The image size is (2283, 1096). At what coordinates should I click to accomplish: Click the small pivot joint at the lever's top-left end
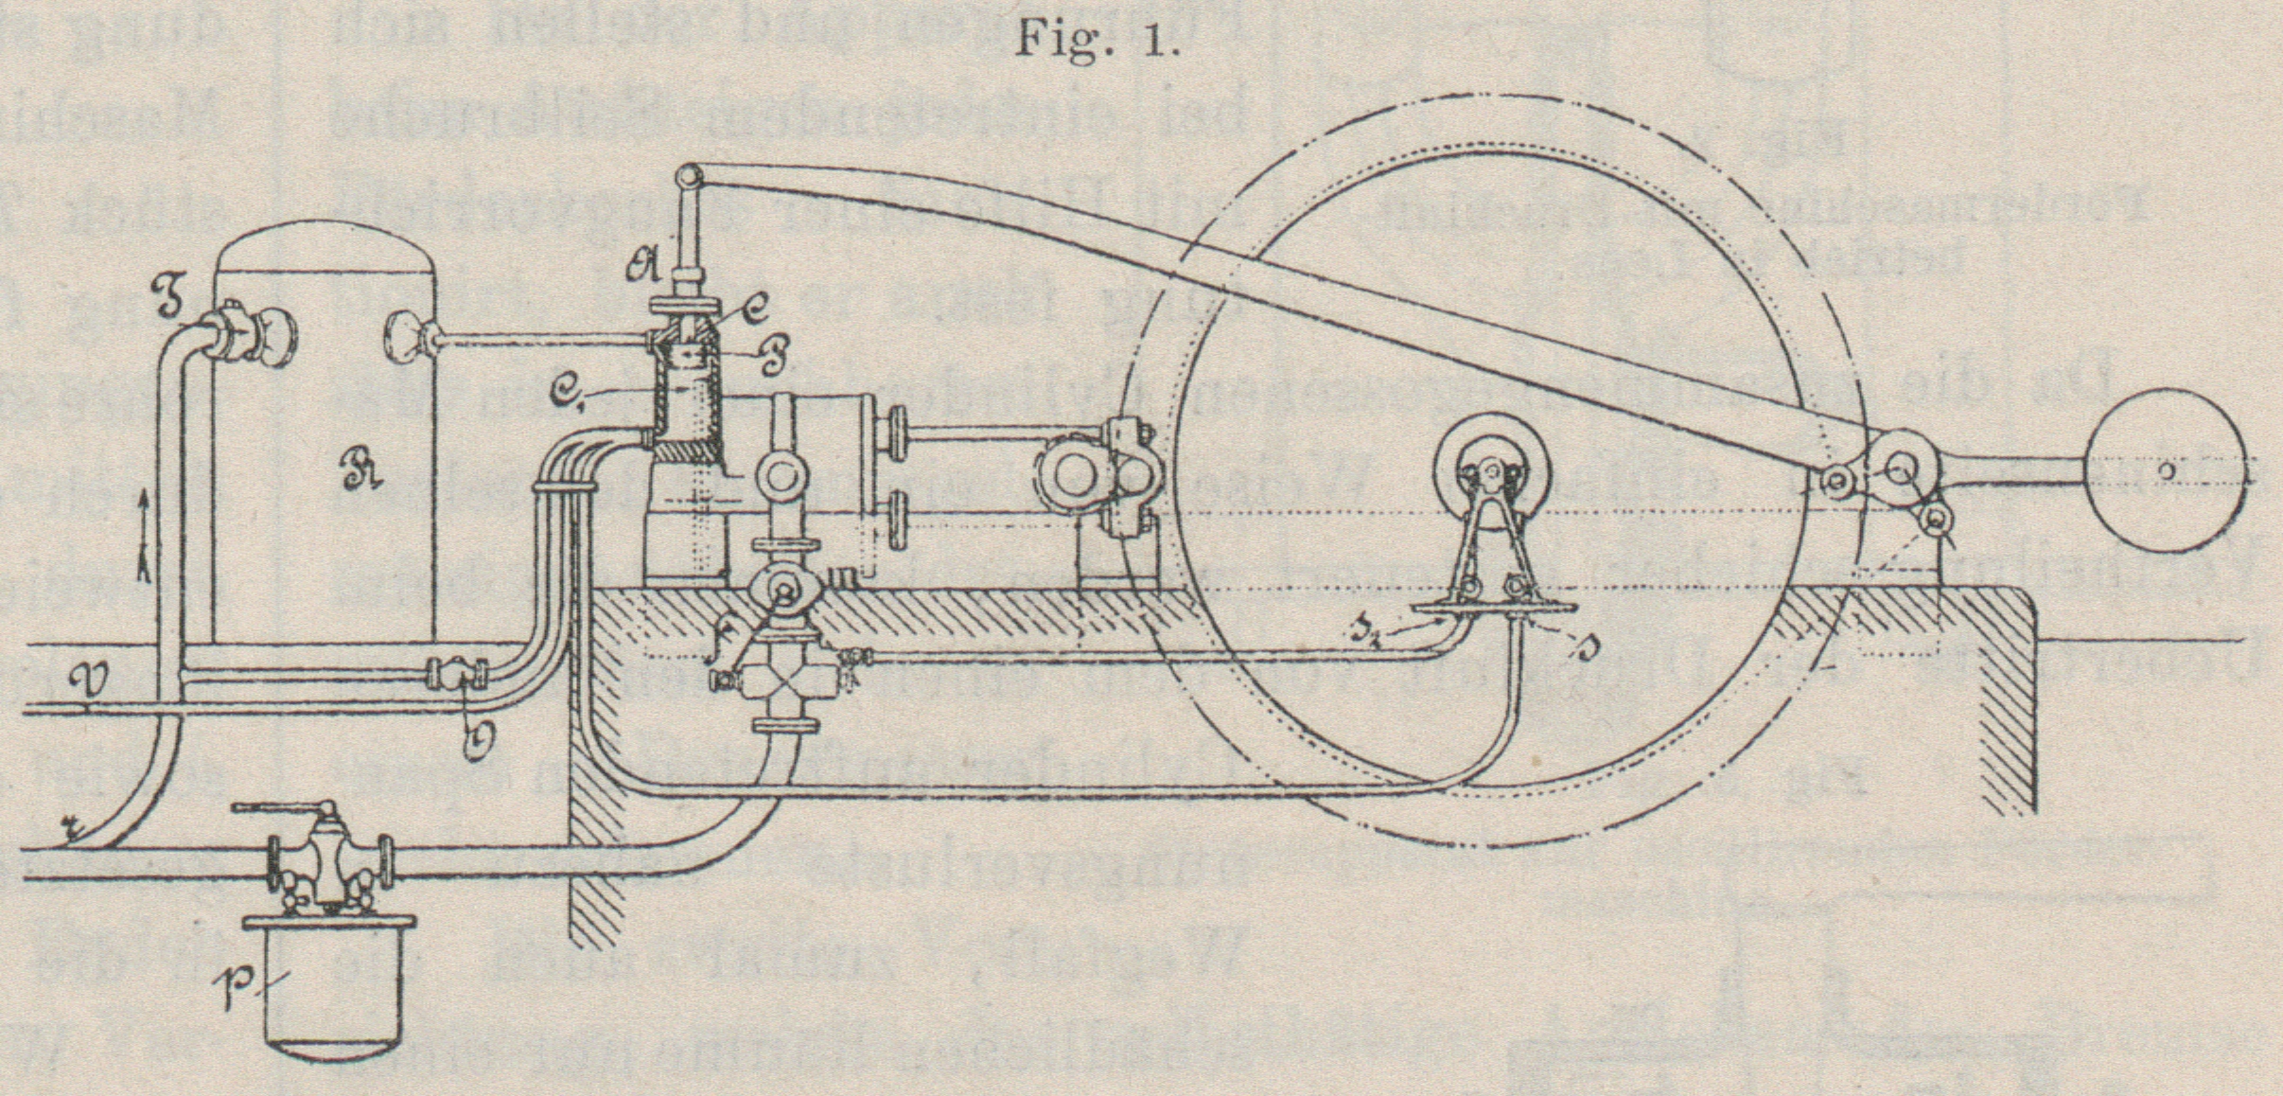(688, 177)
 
